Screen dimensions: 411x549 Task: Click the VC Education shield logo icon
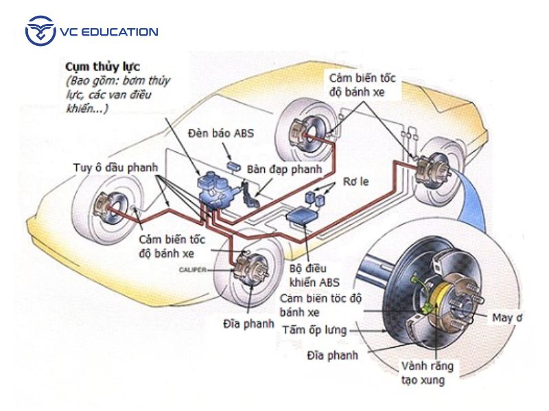click(x=40, y=32)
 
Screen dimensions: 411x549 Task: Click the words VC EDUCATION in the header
click(x=109, y=32)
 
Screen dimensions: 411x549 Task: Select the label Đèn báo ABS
click(x=224, y=134)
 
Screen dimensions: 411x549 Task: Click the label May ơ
click(x=507, y=317)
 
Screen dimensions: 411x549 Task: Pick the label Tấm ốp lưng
click(x=315, y=330)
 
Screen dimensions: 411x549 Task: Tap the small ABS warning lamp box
click(x=233, y=165)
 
